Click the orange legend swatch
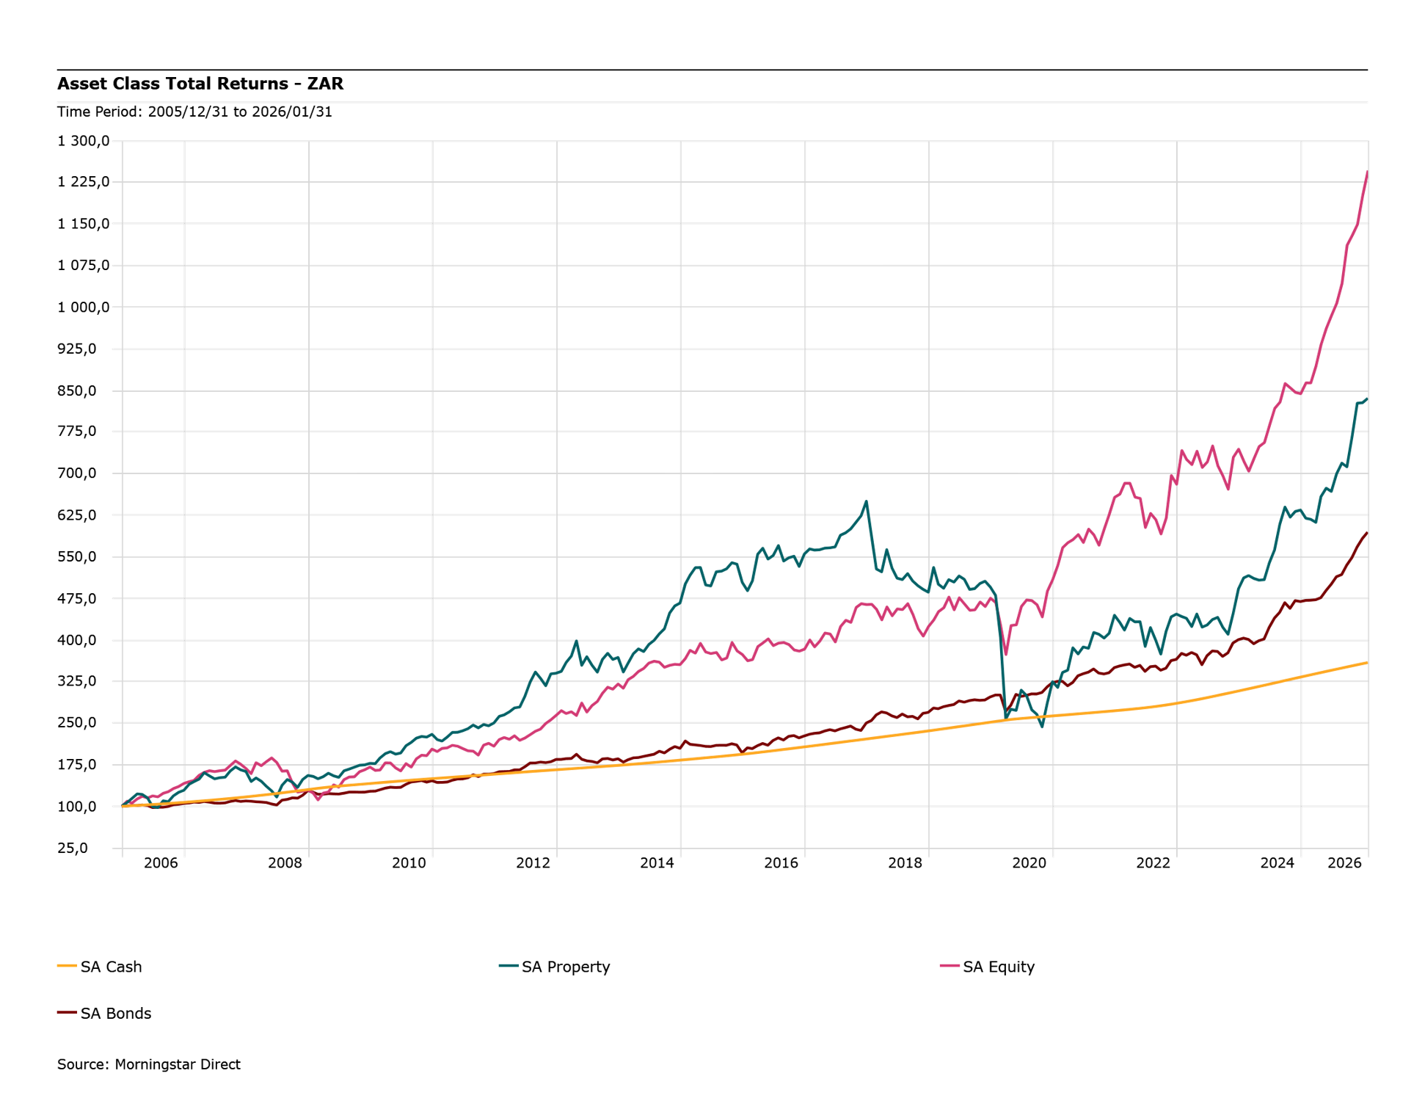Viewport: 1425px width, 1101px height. [x=68, y=966]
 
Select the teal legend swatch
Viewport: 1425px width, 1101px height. [x=509, y=966]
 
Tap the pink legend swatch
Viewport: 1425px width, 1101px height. [x=950, y=966]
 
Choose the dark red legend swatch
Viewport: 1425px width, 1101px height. [x=68, y=1012]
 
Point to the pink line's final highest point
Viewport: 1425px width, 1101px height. [x=1366, y=172]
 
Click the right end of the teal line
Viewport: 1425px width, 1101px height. [x=1367, y=397]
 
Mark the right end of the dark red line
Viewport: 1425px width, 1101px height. [x=1367, y=532]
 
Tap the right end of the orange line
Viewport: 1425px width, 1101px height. [x=1367, y=662]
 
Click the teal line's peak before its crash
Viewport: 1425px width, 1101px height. [x=867, y=502]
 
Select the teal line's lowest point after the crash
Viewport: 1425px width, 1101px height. [x=1042, y=727]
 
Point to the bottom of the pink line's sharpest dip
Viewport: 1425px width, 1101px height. [x=1006, y=653]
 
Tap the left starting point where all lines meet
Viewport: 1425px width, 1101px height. [x=123, y=806]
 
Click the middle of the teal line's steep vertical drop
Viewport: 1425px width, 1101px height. [x=1001, y=653]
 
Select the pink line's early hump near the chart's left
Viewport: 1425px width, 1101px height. [x=271, y=757]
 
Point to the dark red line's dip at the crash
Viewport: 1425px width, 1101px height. [x=1006, y=713]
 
